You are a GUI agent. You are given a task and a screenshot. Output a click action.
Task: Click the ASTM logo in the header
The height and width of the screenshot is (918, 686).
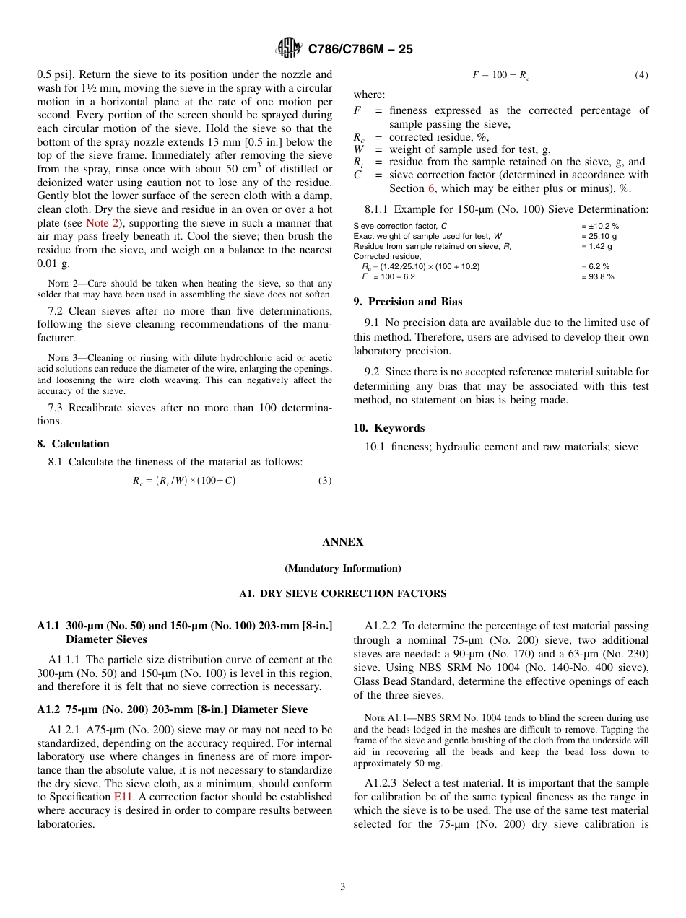289,49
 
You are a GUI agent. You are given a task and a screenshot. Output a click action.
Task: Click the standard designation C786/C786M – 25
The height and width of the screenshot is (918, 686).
360,50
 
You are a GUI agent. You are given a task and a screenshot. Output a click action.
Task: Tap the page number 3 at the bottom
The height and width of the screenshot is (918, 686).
343,887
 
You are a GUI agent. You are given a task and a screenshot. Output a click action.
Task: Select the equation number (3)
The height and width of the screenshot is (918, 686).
325,481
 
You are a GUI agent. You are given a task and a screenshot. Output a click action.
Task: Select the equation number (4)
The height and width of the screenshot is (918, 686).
641,75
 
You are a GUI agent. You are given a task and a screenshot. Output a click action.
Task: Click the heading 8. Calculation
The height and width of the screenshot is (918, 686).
73,444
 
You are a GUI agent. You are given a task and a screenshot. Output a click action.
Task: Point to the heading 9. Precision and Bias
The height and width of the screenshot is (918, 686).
408,302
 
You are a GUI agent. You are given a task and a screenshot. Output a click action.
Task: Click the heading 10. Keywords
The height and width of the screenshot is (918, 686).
388,428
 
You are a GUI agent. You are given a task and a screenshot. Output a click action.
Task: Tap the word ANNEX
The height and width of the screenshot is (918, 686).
343,542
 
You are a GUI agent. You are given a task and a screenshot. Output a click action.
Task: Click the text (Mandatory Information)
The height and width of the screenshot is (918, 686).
343,568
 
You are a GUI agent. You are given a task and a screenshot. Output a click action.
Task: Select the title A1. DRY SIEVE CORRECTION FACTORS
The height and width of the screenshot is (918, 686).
343,594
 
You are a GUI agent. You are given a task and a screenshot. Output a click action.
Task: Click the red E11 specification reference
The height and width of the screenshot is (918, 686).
122,797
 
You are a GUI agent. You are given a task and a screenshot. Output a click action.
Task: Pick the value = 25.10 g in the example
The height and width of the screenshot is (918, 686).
599,236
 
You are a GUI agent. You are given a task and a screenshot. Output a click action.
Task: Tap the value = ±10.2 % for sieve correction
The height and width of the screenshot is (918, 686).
599,226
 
